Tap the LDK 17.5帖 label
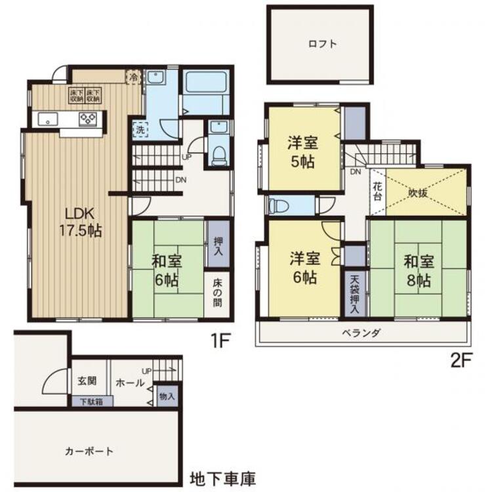(81, 222)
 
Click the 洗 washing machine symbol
(140, 129)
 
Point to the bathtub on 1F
(206, 84)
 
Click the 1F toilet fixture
(219, 154)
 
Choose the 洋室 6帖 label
(304, 268)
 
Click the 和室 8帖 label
(417, 270)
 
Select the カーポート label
(89, 451)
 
